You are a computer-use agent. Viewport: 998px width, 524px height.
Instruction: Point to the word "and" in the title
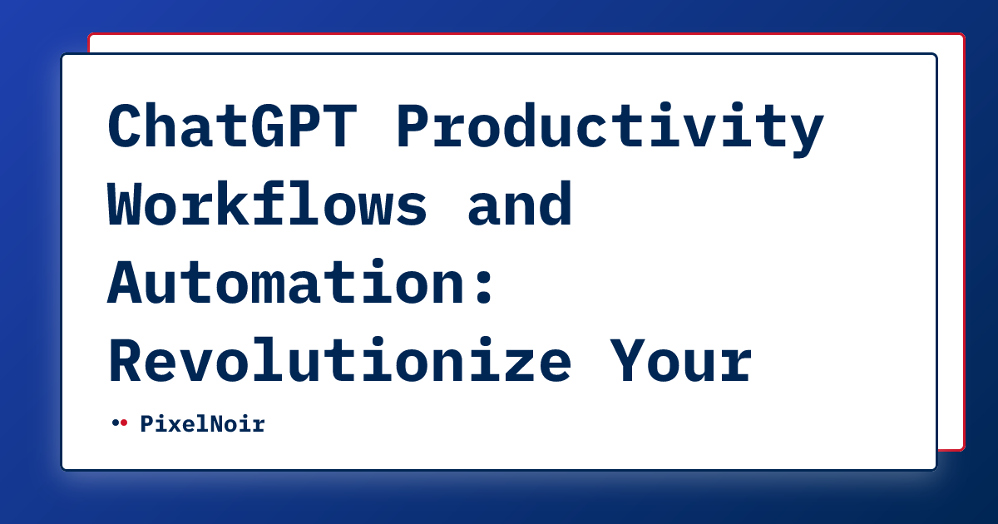point(520,205)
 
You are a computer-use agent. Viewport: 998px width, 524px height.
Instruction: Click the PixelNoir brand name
point(202,424)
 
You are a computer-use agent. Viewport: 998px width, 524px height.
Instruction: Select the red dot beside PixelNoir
point(124,423)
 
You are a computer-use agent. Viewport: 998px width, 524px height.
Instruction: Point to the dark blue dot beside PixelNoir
point(115,423)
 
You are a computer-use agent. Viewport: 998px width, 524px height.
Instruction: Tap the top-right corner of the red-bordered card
point(963,36)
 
